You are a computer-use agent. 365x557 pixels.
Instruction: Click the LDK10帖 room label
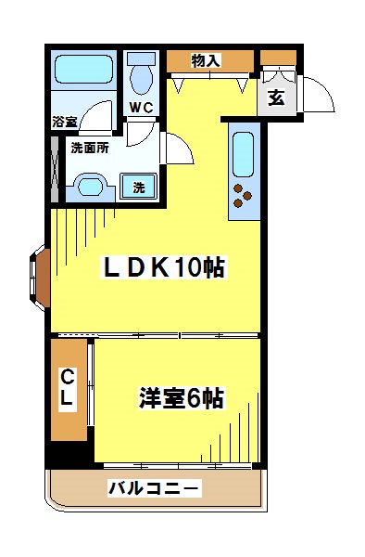(x=163, y=267)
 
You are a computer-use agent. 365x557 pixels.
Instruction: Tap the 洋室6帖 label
(x=181, y=398)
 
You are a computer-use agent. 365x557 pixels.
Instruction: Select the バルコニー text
(x=153, y=487)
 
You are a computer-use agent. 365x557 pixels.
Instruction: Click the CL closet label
(x=69, y=387)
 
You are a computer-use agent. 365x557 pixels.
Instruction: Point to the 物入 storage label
(x=206, y=61)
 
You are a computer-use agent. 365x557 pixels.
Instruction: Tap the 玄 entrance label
(x=276, y=99)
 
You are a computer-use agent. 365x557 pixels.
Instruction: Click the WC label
(x=141, y=107)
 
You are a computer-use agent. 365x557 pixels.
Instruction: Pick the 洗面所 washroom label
(x=90, y=146)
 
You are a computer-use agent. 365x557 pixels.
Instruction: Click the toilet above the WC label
(x=142, y=74)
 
